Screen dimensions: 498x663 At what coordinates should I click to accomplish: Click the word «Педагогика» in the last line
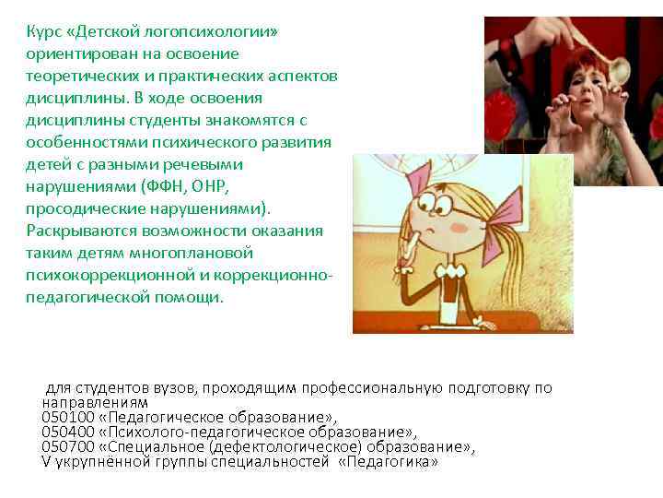pos(388,461)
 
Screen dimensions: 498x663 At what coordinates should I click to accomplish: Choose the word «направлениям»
pos(95,403)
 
